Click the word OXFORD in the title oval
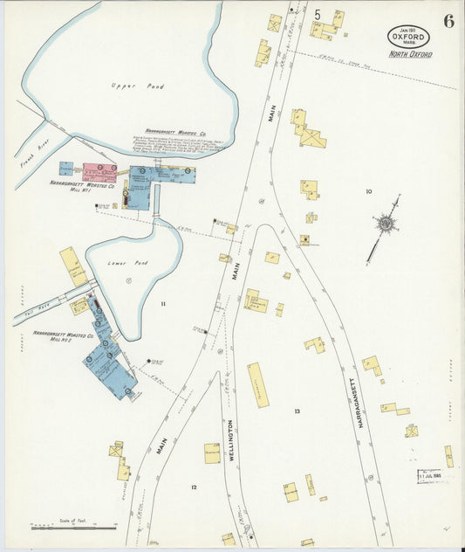[x=409, y=38]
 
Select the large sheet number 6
[x=448, y=22]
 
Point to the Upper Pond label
[x=127, y=86]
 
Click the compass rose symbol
[x=385, y=224]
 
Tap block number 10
[x=368, y=191]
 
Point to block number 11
[x=162, y=303]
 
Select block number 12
[x=194, y=487]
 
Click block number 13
[x=297, y=411]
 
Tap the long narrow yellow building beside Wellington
[x=258, y=385]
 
